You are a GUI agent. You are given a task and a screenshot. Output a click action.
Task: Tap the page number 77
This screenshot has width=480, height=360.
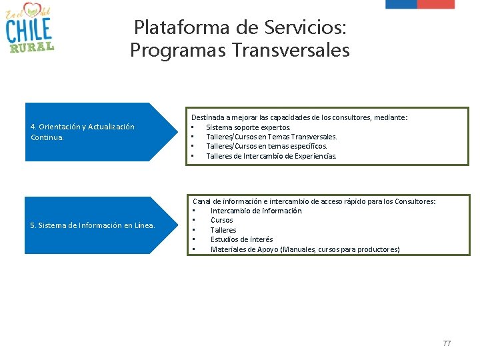point(447,343)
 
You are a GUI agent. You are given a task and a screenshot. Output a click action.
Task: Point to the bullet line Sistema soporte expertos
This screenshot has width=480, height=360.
point(248,127)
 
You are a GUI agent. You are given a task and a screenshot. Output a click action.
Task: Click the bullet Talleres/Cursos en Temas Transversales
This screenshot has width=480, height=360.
point(271,137)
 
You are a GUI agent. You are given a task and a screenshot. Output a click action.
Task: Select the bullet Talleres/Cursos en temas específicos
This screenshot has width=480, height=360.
point(267,146)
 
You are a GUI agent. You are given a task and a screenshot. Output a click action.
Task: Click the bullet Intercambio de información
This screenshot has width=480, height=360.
point(256,211)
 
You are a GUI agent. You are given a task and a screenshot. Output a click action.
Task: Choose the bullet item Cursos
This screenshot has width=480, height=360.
point(221,220)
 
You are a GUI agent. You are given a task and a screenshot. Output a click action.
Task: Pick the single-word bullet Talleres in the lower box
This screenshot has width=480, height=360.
point(223,230)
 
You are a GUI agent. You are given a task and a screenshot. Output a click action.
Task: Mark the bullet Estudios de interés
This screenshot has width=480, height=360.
point(241,239)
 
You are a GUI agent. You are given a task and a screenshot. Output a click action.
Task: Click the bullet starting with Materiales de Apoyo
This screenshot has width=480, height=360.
point(305,249)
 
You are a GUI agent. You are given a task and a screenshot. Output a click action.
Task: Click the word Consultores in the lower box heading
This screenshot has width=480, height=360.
point(413,201)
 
